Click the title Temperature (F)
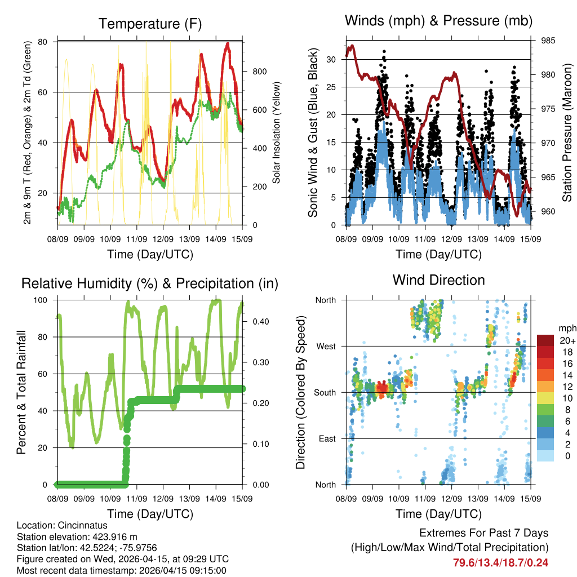(150, 24)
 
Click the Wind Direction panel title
(438, 280)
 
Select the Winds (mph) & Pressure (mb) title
(438, 21)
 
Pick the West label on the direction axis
(326, 346)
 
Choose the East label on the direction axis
(327, 438)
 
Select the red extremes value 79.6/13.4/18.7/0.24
(501, 562)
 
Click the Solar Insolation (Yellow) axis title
(277, 133)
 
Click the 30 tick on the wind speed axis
(332, 59)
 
